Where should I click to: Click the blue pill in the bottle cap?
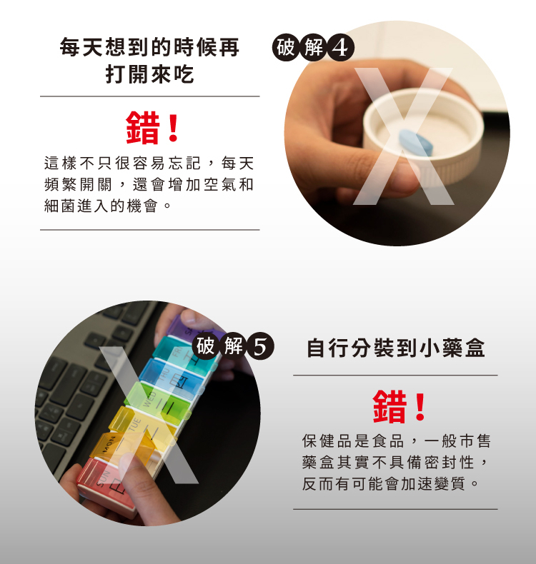coord(415,143)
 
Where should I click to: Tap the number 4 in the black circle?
coord(340,48)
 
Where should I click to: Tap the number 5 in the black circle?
coord(260,347)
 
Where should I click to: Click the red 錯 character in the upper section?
coord(143,128)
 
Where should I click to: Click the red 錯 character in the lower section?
coord(390,407)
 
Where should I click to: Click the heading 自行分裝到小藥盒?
coord(396,348)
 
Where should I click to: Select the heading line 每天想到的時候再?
coord(149,47)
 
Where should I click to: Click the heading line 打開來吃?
coord(150,74)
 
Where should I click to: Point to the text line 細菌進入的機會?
coord(101,206)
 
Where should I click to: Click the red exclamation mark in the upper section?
coord(174,128)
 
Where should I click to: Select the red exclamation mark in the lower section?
coord(420,407)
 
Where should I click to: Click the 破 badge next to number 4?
coord(286,48)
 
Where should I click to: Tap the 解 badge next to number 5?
coord(233,347)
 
